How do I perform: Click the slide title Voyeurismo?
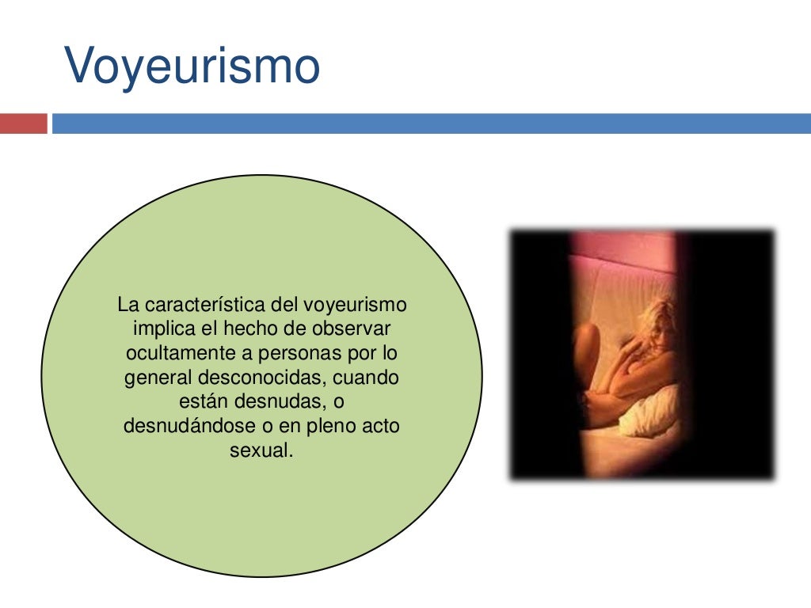pos(192,66)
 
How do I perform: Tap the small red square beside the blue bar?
pos(23,124)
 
